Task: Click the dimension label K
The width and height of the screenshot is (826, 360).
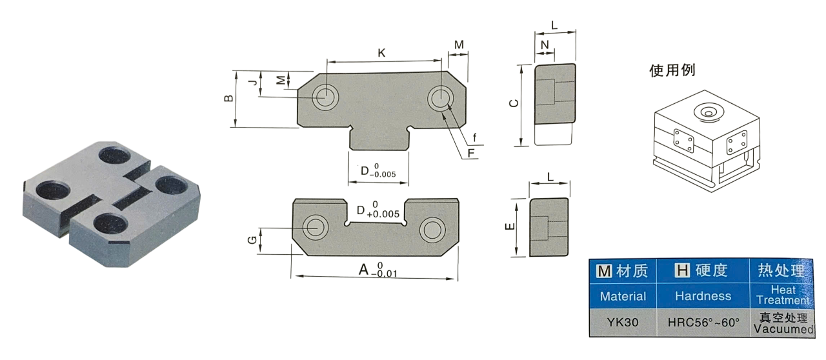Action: pos(381,54)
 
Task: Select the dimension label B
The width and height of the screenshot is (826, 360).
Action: pos(228,99)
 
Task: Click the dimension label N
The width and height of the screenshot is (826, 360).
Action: pos(545,45)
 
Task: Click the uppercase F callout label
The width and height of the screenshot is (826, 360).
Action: pos(471,153)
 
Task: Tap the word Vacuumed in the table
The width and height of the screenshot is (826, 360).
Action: pos(783,329)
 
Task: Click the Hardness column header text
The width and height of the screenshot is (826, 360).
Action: pos(703,296)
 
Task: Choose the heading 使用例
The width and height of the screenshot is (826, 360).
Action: pos(672,70)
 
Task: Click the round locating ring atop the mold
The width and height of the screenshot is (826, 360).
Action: pos(707,112)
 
